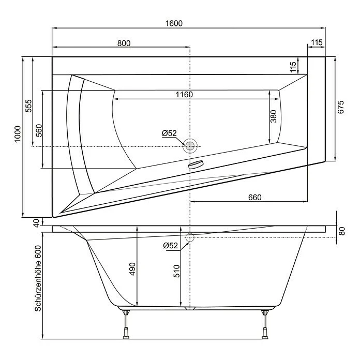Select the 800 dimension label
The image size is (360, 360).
click(124, 43)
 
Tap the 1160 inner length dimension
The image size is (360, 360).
click(184, 94)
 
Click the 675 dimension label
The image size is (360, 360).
click(341, 107)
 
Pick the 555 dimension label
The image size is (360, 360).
click(28, 106)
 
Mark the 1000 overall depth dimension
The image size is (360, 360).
click(18, 134)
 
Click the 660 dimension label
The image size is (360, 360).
click(254, 197)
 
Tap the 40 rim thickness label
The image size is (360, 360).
click(36, 223)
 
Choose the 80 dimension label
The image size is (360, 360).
click(341, 231)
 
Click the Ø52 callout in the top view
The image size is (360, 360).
click(169, 133)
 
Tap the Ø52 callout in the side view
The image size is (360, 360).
click(170, 246)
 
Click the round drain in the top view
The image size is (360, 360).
click(190, 146)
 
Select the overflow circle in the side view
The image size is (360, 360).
click(189, 238)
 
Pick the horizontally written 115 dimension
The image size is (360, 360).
click(317, 43)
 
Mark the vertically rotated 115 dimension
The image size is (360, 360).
click(293, 66)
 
